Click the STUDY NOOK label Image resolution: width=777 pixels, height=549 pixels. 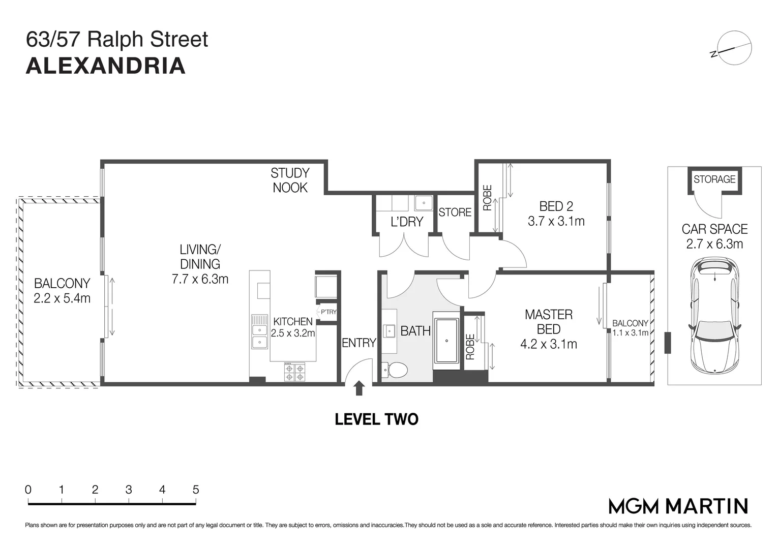290,180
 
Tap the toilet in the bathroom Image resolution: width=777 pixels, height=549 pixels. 395,370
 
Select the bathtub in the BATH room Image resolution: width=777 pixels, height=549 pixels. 446,341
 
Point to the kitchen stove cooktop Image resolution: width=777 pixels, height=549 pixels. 294,372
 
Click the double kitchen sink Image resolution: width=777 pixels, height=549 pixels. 259,331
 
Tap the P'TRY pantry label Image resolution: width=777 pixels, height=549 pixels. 328,312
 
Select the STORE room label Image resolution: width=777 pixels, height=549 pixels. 455,212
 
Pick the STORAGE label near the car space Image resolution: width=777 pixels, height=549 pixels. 714,179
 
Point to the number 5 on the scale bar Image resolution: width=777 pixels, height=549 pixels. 196,490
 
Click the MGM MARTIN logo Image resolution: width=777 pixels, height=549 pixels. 678,506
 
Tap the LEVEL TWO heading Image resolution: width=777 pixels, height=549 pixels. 376,419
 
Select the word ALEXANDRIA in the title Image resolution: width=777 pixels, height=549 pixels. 105,66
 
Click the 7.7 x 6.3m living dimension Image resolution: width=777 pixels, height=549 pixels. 200,279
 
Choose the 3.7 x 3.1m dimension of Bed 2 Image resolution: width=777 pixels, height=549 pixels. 556,221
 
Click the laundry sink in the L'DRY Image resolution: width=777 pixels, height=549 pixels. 423,202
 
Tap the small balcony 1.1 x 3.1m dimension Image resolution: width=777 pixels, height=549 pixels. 630,333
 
